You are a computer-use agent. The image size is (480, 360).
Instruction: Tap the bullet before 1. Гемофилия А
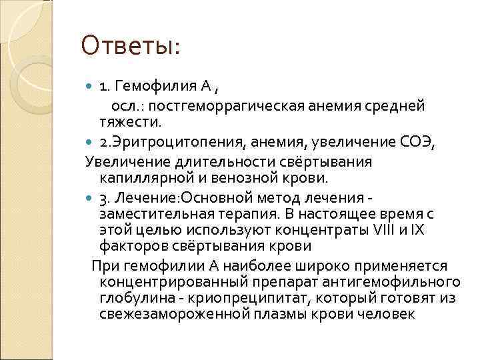(91, 86)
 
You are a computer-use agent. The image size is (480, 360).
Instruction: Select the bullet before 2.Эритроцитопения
(91, 142)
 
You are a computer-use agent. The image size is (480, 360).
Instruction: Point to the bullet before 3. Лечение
(91, 199)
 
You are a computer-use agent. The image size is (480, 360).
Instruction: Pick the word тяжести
(131, 123)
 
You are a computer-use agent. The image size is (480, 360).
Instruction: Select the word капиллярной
(137, 179)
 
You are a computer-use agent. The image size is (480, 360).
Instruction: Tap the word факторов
(130, 246)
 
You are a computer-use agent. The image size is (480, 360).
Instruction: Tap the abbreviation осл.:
(125, 105)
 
